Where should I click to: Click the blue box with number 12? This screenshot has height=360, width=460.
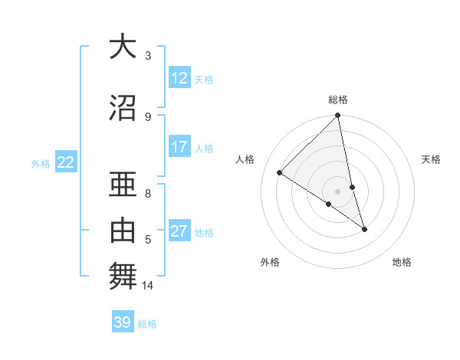179,78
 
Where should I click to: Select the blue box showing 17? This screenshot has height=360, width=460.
179,147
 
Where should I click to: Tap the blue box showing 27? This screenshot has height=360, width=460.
179,231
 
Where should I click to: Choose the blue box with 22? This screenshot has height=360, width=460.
66,162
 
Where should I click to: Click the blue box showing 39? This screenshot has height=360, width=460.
123,322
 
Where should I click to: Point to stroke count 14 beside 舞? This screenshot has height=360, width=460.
148,286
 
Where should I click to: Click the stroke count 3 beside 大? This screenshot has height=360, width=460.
148,56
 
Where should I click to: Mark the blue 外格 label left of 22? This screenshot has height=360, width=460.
41,163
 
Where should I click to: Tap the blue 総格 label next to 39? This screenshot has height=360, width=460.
147,324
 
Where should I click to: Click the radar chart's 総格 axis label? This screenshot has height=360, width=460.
338,100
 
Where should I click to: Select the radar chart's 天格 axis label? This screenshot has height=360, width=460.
431,159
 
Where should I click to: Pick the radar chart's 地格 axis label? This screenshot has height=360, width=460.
402,262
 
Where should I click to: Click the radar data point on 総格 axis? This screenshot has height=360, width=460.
338,116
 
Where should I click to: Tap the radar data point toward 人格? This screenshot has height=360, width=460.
280,173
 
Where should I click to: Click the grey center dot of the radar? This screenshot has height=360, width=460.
338,191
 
